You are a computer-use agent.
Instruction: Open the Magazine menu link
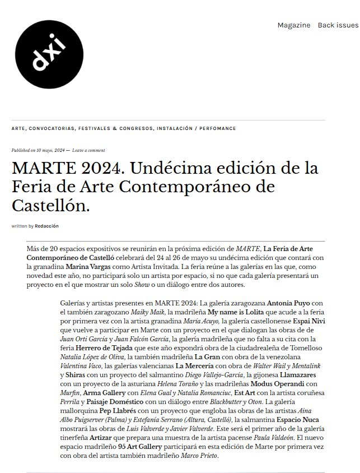pos(293,25)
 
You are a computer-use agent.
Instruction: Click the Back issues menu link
pos(338,25)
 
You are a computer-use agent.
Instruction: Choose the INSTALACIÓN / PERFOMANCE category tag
pos(197,128)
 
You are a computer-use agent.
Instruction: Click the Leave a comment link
pos(88,150)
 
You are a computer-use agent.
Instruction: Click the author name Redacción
pos(46,226)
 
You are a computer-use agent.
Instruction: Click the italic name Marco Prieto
pos(199,456)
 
